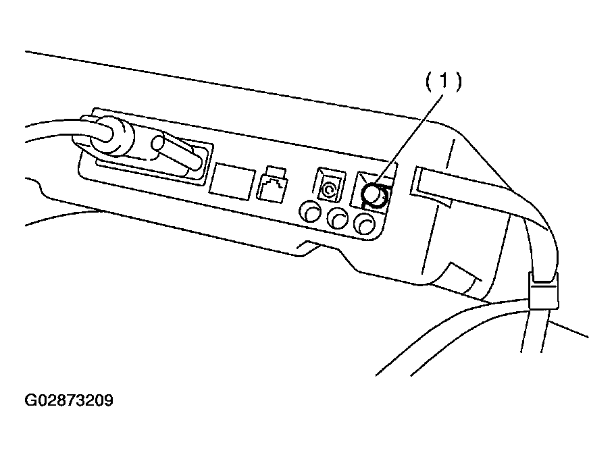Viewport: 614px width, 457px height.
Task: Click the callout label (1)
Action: (444, 82)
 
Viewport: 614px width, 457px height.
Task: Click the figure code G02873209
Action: (69, 400)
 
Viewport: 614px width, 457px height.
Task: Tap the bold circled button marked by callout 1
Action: (375, 195)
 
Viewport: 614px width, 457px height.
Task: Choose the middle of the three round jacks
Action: (338, 217)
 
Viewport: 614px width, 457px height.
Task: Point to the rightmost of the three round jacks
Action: (365, 223)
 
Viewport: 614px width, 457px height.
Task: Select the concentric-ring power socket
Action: (330, 185)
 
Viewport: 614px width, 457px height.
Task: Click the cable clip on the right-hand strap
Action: (544, 291)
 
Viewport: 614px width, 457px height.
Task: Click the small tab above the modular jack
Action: (276, 171)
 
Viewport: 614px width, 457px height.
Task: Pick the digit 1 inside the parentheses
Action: (444, 82)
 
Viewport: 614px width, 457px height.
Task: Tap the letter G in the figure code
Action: (30, 400)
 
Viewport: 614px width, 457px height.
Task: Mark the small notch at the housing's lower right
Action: (464, 276)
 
